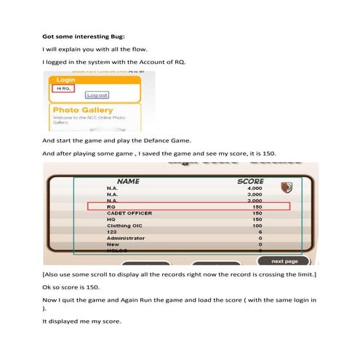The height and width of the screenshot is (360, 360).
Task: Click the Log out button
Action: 97,95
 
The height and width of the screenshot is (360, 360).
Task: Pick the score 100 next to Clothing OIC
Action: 256,225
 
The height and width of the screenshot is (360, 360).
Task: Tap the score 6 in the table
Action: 259,232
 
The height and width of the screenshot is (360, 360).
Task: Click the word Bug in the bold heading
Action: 115,35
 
